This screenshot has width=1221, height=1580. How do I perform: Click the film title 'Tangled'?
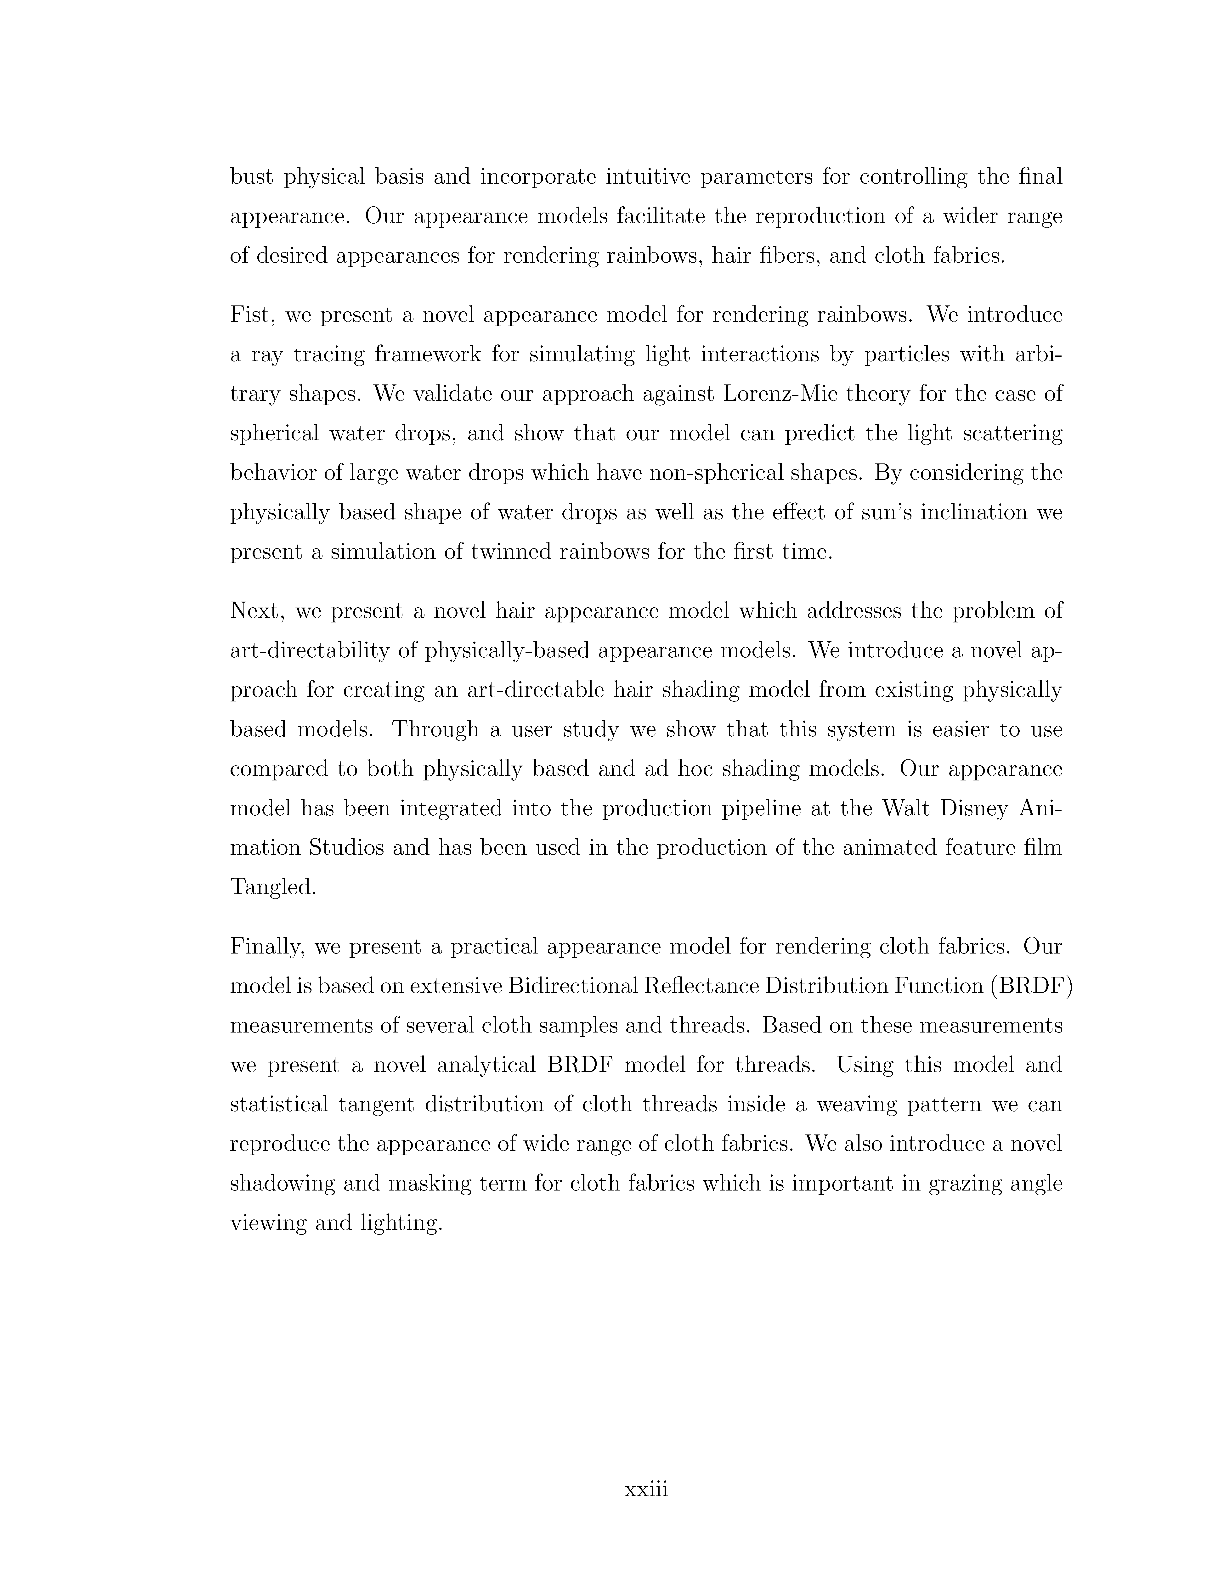click(x=273, y=887)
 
